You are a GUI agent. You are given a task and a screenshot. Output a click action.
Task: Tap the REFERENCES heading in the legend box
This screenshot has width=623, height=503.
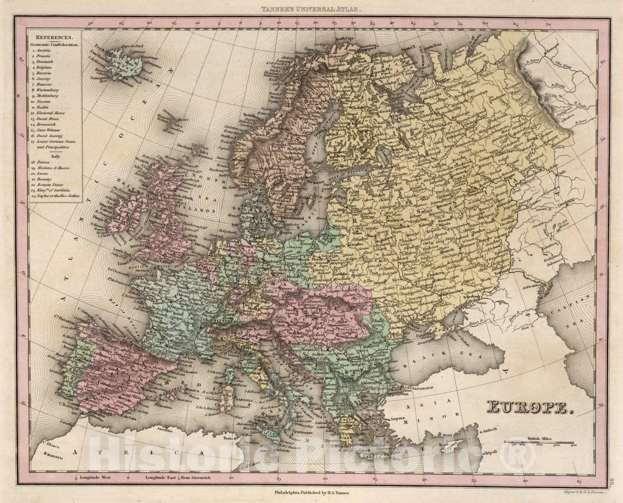click(x=55, y=37)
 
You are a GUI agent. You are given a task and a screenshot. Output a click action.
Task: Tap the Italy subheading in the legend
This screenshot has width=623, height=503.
click(x=55, y=155)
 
